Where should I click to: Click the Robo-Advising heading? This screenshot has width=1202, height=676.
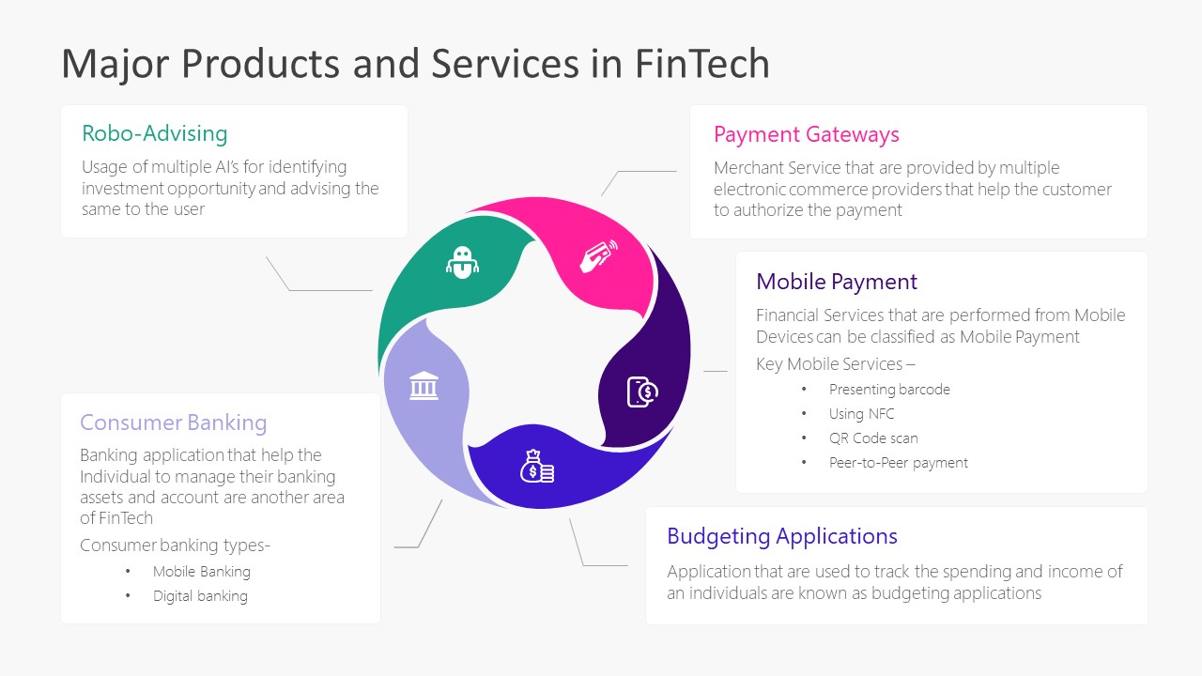coord(155,133)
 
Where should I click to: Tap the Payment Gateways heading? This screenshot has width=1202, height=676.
coord(806,134)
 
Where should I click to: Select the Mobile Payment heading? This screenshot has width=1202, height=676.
coord(836,282)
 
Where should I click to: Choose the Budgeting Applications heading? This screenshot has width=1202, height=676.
coord(781,536)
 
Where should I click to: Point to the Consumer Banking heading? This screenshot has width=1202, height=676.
coord(173,422)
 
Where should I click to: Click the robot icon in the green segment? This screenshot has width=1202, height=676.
coord(461,262)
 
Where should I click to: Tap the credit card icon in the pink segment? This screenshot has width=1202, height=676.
coord(598,255)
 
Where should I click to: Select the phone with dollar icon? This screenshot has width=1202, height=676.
coord(642,392)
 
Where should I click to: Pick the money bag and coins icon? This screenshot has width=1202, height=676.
coord(537,467)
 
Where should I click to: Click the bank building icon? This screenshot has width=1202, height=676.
coord(424,385)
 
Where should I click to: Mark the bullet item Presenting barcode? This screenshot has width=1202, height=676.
coord(888,390)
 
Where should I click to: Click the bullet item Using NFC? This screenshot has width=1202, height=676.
coord(861,414)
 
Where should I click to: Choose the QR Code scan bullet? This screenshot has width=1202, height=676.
coord(872,438)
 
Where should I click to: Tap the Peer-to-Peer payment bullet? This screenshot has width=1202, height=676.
coord(898,463)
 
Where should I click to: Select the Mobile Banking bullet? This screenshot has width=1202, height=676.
coord(201,572)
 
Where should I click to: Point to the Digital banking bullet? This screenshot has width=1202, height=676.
coord(200,596)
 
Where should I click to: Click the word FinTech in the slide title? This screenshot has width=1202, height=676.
coord(702,64)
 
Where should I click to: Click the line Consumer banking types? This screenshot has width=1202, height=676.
coord(175,545)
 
